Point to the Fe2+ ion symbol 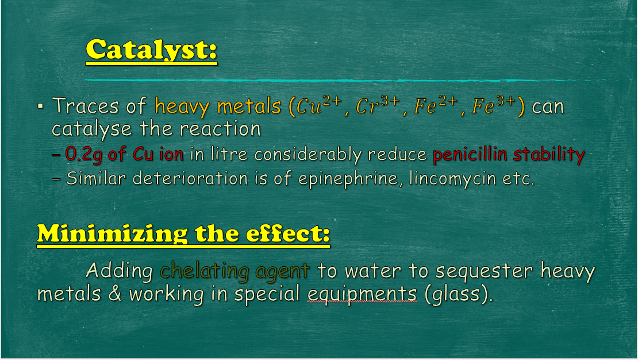[436, 105]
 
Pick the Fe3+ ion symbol [494, 105]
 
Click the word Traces [86, 106]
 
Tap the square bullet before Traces [40, 107]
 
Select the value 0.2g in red [83, 155]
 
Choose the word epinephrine [348, 179]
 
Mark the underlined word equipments [362, 294]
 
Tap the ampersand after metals [115, 294]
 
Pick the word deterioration [190, 178]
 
